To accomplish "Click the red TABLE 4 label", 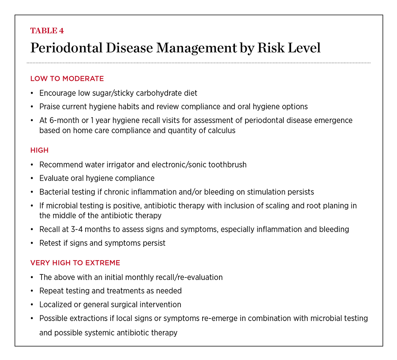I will tap(47, 31).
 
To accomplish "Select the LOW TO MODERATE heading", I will tap(67, 79).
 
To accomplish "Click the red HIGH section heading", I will tap(39, 150).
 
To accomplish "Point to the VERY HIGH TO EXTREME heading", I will tap(75, 263).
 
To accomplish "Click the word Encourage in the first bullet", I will tap(57, 93).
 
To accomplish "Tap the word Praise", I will tap(49, 107).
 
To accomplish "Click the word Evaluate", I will tap(54, 178).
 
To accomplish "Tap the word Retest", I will tap(51, 243).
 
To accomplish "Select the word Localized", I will tap(55, 305).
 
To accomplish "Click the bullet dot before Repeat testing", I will tap(32, 291).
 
